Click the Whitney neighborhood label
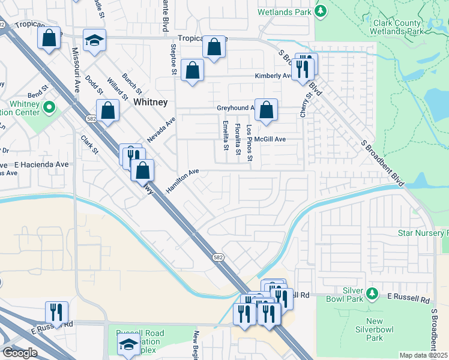tap(151, 102)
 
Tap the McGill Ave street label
tap(270, 139)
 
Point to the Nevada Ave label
tap(161, 130)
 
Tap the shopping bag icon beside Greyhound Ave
tap(266, 110)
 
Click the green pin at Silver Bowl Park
tap(372, 293)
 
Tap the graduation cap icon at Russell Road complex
tap(128, 344)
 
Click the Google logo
tap(20, 353)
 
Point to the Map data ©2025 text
tap(424, 355)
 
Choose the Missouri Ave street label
tap(76, 70)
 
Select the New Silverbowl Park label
tap(375, 329)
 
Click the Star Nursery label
tap(423, 232)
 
